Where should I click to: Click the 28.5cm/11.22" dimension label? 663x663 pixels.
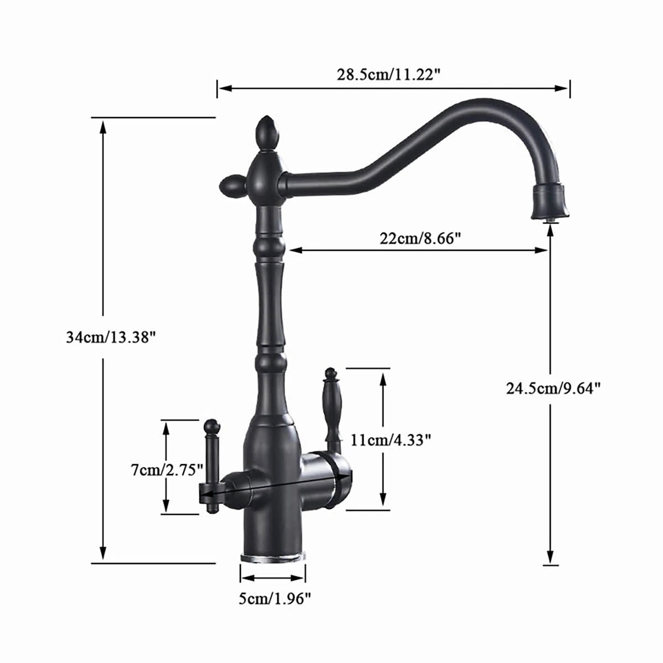pyautogui.click(x=388, y=75)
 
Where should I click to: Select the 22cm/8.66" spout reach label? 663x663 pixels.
pyautogui.click(x=420, y=238)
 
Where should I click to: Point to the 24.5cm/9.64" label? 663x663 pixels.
pyautogui.click(x=554, y=389)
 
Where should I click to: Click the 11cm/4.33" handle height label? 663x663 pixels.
pyautogui.click(x=391, y=440)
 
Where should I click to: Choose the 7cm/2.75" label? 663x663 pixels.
pyautogui.click(x=167, y=470)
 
